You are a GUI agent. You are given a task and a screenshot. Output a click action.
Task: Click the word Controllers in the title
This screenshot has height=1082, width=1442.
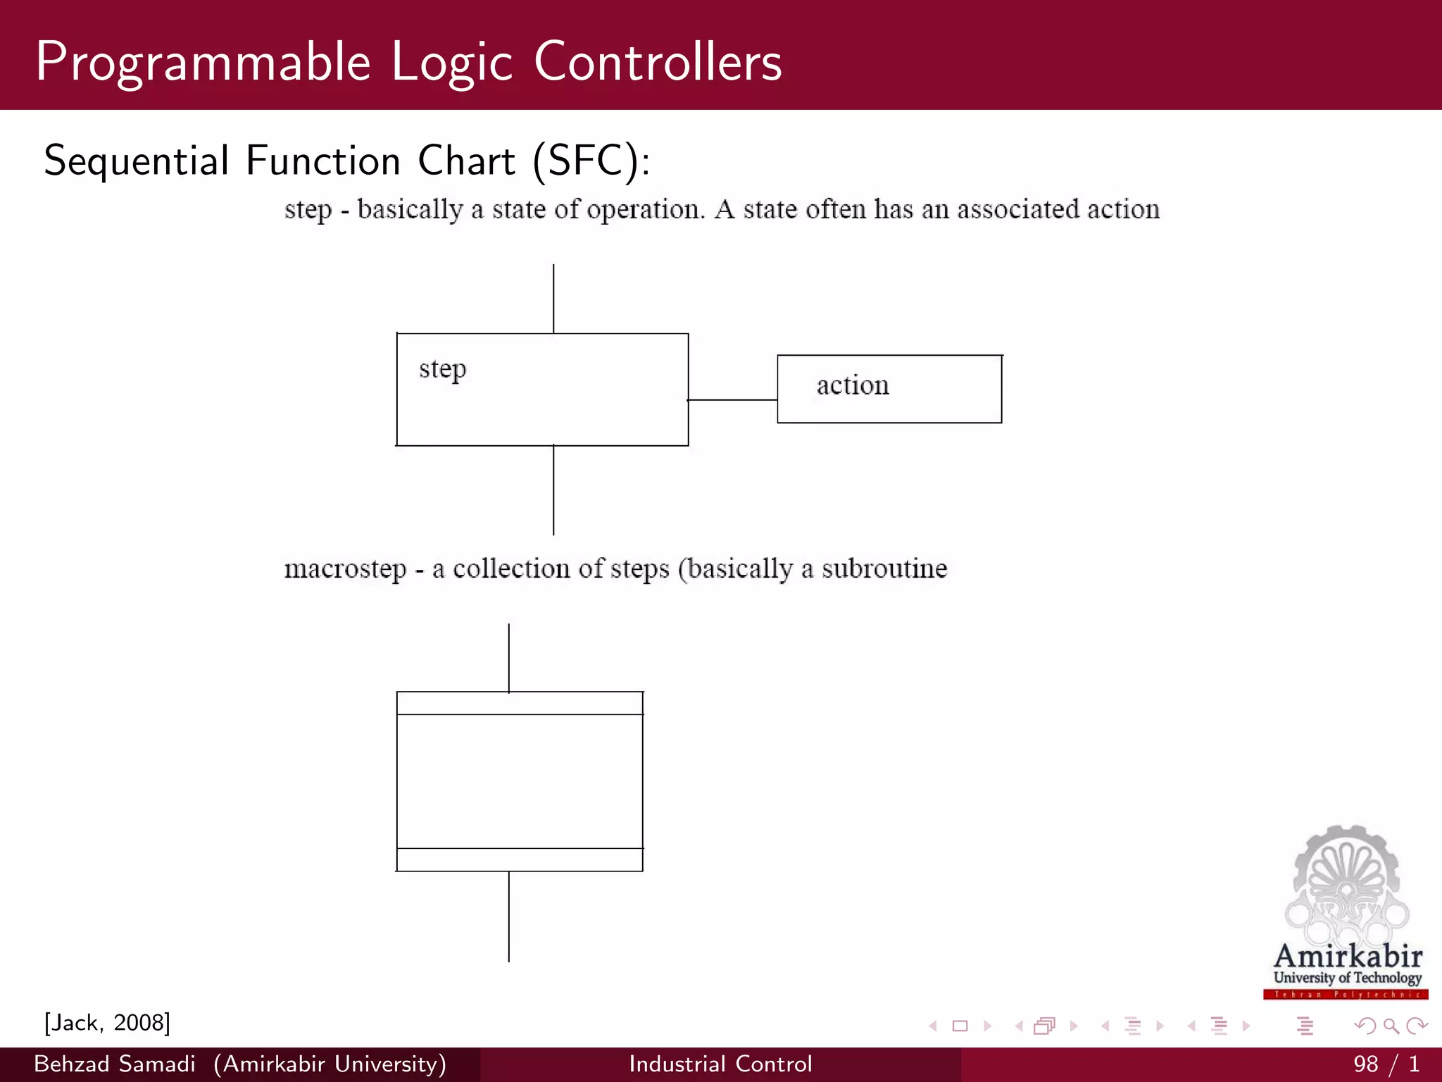point(658,62)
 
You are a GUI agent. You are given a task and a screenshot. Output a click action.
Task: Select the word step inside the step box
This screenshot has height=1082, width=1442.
point(442,369)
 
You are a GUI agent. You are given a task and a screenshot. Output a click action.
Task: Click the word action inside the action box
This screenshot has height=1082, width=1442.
point(853,385)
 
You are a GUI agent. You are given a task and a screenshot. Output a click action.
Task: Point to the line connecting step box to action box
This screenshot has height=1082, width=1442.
point(732,400)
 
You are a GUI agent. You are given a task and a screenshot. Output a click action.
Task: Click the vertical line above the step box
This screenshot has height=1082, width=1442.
point(553,299)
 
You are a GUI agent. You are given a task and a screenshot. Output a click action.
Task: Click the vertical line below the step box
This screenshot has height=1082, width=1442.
point(553,490)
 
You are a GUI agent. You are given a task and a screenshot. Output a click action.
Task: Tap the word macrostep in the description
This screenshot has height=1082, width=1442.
point(345,569)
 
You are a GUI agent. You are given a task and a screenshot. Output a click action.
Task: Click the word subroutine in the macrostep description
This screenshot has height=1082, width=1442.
point(884,568)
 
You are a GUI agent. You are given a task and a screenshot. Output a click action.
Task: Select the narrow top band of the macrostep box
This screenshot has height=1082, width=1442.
point(520,703)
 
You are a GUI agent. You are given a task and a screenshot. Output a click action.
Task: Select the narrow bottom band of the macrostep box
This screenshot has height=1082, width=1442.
point(520,860)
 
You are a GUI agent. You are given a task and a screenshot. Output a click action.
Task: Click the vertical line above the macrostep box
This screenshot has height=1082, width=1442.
point(508,658)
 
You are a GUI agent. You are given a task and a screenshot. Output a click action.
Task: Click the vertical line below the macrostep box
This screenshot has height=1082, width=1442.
point(508,916)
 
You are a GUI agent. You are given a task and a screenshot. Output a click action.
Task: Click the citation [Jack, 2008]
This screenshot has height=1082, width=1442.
point(107,1023)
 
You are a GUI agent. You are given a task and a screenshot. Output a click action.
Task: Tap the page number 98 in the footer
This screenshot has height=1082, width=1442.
point(1365,1064)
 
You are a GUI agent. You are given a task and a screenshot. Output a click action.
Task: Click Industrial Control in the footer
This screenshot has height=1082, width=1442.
point(720,1064)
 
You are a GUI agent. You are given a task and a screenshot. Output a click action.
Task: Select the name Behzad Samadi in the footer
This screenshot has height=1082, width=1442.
point(115,1064)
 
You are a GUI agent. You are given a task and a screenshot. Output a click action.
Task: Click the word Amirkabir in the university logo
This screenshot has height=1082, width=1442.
point(1348,957)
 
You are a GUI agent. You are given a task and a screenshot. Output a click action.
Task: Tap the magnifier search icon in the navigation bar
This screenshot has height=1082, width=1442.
point(1391,1026)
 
